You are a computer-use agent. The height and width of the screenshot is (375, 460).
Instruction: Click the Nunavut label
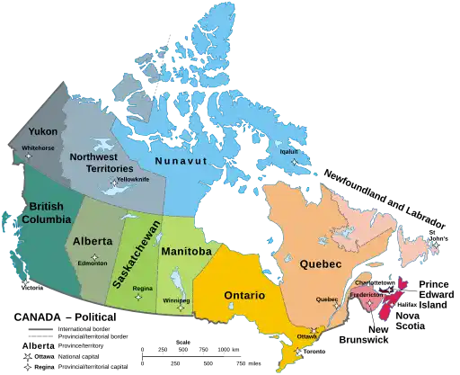[x=181, y=160]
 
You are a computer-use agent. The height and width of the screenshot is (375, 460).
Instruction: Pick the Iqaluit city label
[x=288, y=151]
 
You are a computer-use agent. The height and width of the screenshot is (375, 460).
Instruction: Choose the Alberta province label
[x=93, y=241]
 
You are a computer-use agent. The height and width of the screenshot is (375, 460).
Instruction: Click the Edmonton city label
[x=93, y=263]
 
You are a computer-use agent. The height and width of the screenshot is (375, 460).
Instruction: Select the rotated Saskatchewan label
[x=131, y=253]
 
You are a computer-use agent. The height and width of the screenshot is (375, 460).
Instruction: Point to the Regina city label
[x=142, y=289]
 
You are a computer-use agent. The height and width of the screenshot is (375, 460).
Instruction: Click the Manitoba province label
[x=185, y=252]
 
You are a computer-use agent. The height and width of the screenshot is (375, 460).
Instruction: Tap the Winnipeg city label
[x=177, y=299]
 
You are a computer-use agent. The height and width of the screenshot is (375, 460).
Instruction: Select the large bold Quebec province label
[x=320, y=264]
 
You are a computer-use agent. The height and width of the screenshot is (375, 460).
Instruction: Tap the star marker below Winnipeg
[x=181, y=308]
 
